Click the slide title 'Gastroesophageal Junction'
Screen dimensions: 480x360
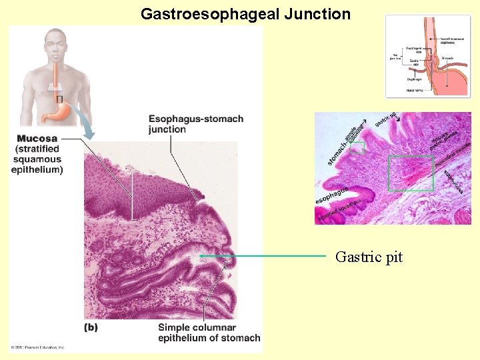click(x=245, y=14)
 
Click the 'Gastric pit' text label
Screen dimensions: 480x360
click(x=369, y=257)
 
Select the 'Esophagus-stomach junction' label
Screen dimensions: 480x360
click(x=195, y=124)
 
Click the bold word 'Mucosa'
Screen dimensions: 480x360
click(x=37, y=139)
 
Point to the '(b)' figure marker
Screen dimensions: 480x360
click(x=91, y=327)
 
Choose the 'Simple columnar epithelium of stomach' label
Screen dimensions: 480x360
click(x=209, y=333)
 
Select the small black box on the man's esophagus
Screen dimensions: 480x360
click(x=59, y=99)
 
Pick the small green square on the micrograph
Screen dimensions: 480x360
click(x=357, y=147)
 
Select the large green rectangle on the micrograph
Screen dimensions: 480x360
click(x=410, y=173)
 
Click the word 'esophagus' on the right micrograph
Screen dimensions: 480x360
click(x=331, y=196)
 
